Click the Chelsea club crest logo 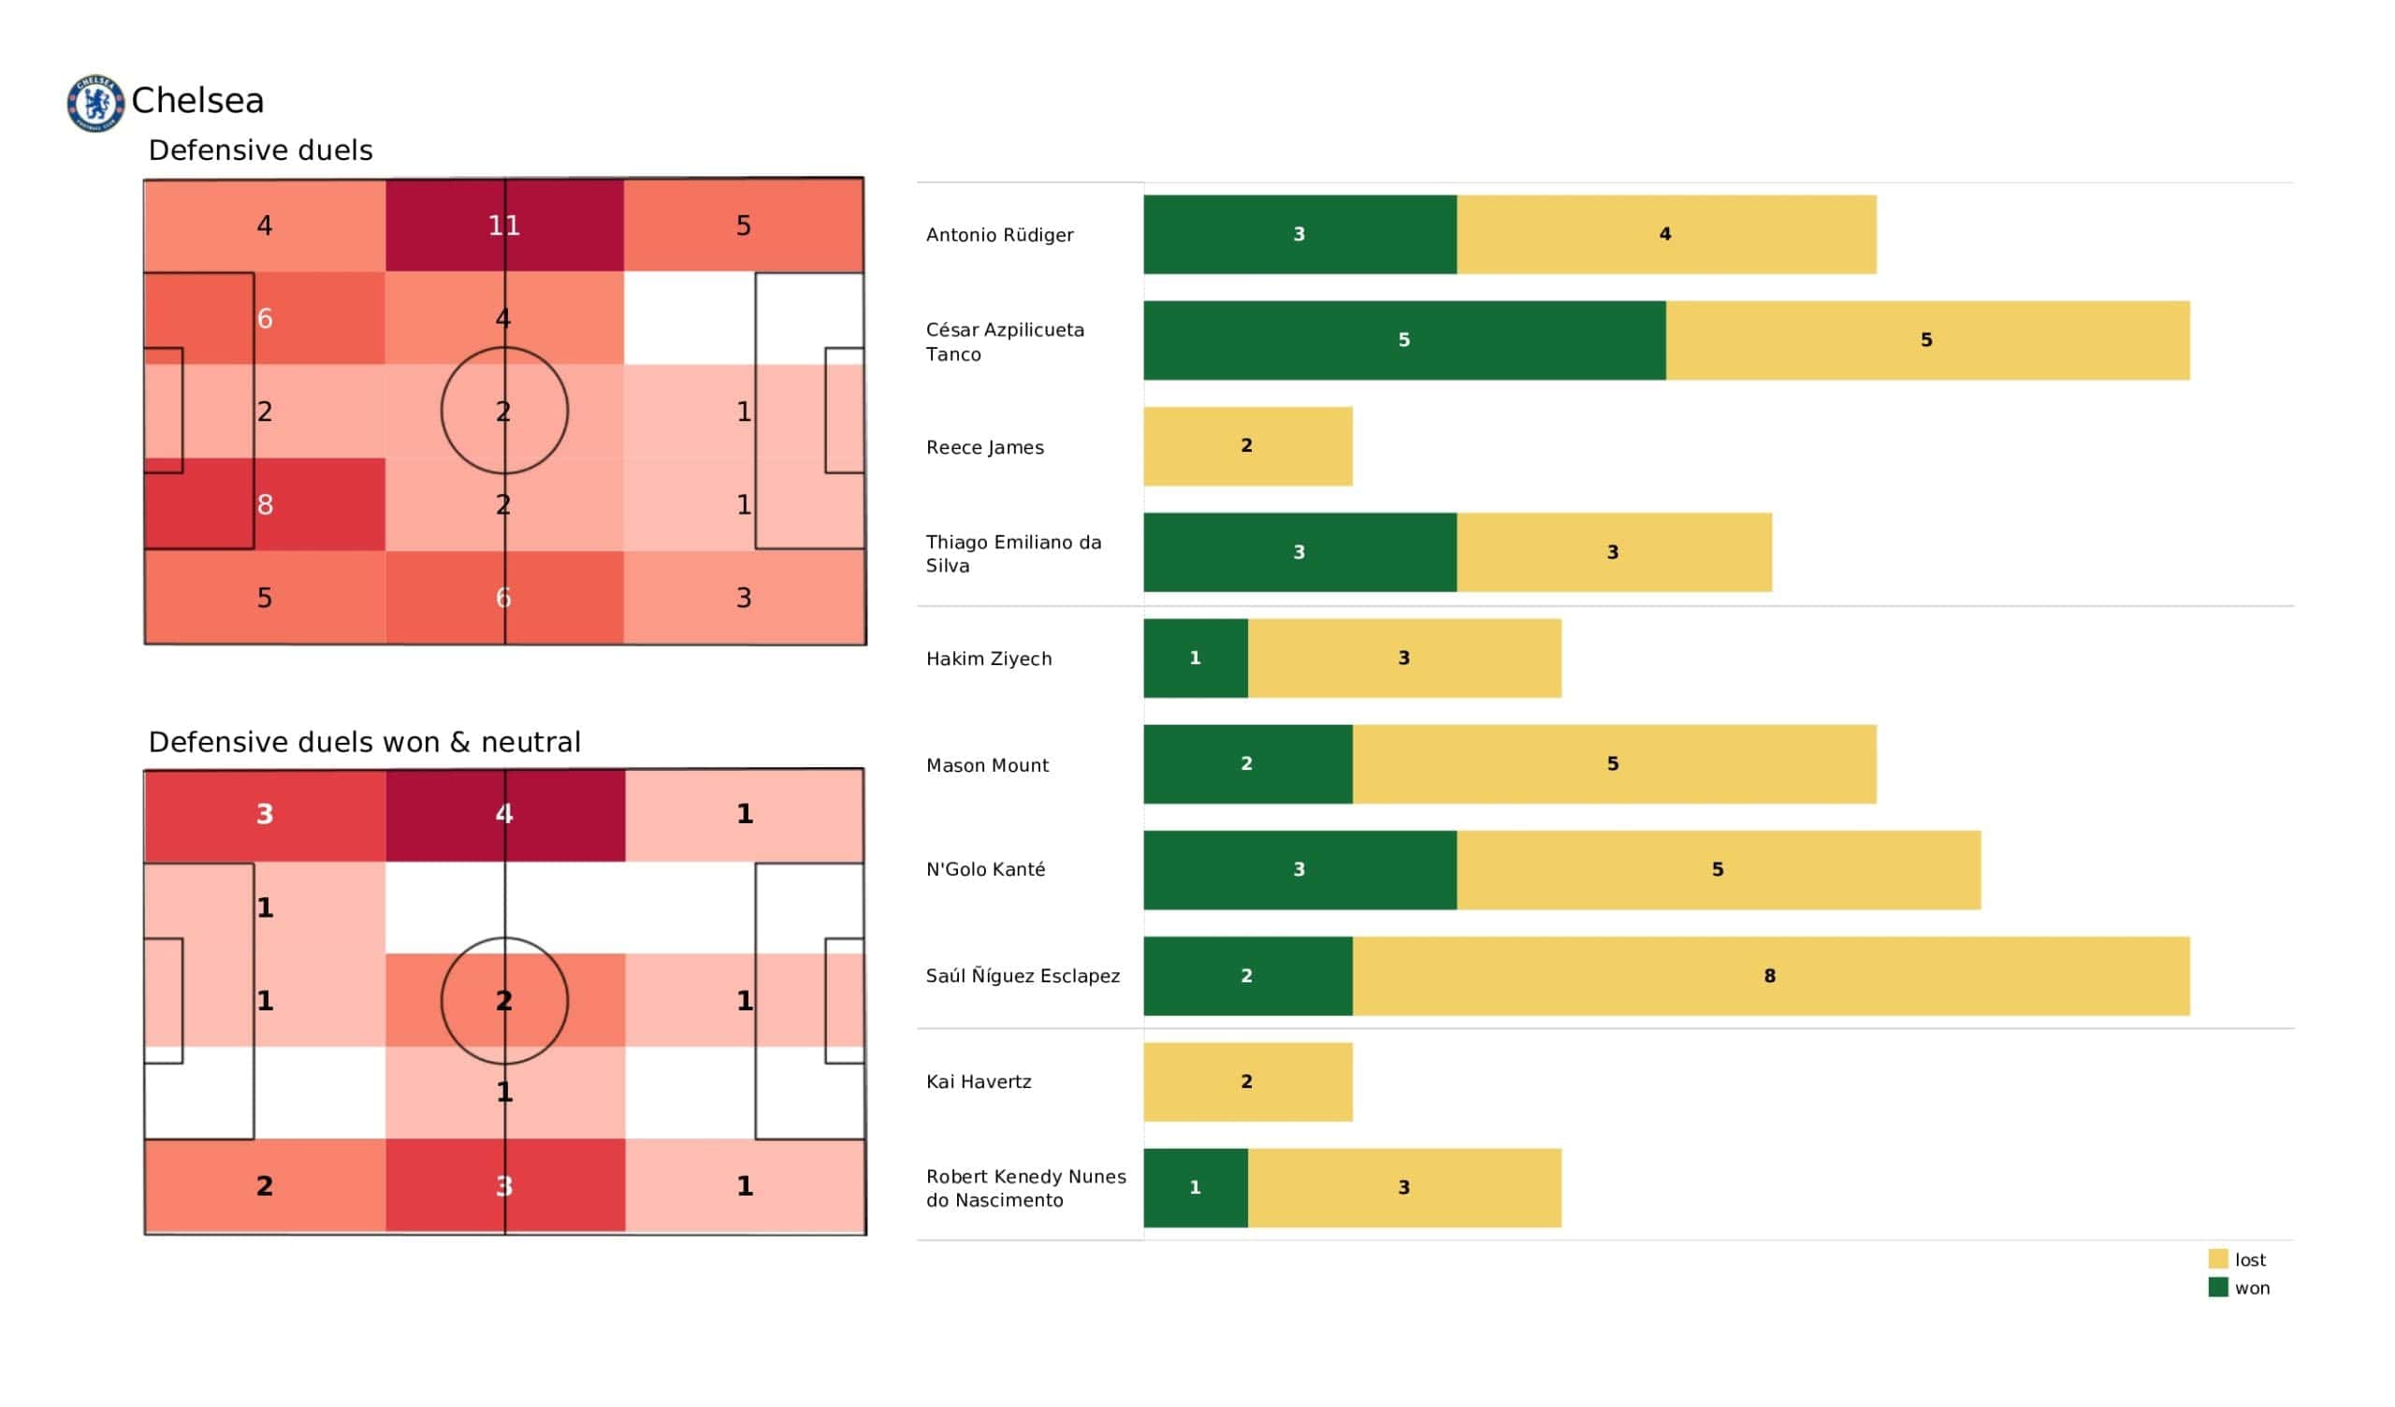[95, 103]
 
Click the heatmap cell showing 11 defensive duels [504, 225]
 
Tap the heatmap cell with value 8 [265, 504]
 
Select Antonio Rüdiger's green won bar [1299, 235]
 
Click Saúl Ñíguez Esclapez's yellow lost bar [1770, 976]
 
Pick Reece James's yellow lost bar [1247, 447]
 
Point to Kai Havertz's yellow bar [1247, 1081]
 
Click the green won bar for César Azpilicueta [1403, 341]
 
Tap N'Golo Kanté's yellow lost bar [1718, 870]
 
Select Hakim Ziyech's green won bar [1195, 659]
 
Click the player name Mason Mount [986, 765]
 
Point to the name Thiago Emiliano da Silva [1013, 553]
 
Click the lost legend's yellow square [2217, 1259]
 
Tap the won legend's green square [2217, 1288]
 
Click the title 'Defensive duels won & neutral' [364, 743]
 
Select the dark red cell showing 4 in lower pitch [504, 815]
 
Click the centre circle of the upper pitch [504, 411]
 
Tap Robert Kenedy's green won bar [1195, 1188]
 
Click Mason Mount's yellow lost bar [1613, 764]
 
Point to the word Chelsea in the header [197, 101]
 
